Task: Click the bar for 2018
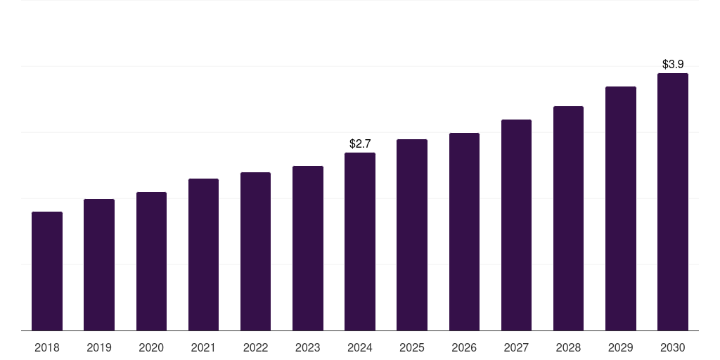47,271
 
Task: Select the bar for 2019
99,265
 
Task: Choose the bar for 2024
360,242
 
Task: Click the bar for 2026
464,232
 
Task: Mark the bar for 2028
568,219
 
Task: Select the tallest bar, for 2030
673,202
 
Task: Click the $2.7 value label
360,143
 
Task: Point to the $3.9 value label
673,64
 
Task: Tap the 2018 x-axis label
47,347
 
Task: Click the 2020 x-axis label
151,347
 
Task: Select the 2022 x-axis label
255,347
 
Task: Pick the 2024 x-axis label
360,347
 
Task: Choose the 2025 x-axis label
412,347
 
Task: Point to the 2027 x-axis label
516,347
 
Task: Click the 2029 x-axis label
620,347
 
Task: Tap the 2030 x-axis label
673,347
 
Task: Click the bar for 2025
412,235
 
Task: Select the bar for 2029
620,209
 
